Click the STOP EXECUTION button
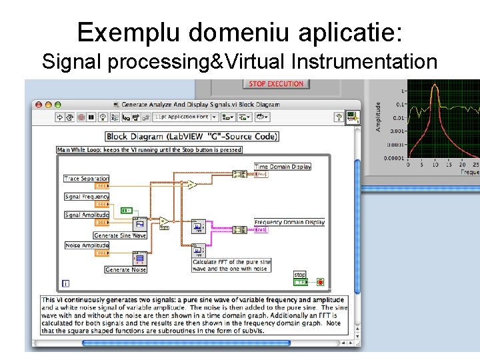[x=276, y=84]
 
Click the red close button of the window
[x=39, y=105]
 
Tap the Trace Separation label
[x=86, y=179]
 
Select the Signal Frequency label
[x=87, y=197]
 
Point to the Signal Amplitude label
[x=87, y=215]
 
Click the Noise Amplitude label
[x=87, y=245]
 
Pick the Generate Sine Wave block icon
[x=140, y=223]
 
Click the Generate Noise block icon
[x=139, y=258]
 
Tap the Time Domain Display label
[x=283, y=167]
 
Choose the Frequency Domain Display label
[x=289, y=222]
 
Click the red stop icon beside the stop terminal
[x=321, y=283]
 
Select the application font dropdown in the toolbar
[x=185, y=117]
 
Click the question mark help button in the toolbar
[x=339, y=117]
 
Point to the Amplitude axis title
[x=379, y=116]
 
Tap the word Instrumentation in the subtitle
[x=364, y=62]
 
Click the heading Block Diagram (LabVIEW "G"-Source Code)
[x=193, y=136]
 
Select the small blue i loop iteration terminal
[x=65, y=283]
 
